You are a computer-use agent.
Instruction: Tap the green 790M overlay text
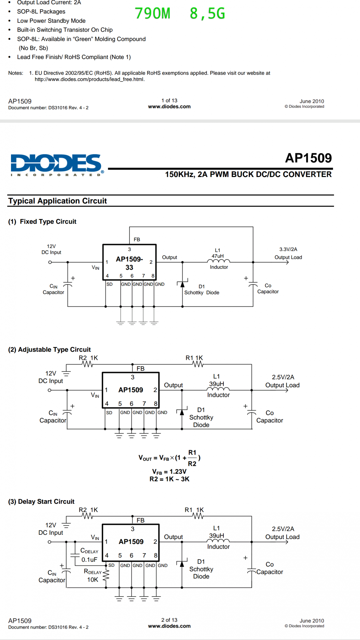point(153,14)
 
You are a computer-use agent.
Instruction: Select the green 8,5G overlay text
point(207,14)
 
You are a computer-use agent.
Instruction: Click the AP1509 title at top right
point(308,158)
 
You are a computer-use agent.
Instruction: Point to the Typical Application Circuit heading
point(58,201)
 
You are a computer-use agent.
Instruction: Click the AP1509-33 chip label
point(129,263)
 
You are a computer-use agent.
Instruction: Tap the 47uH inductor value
point(218,256)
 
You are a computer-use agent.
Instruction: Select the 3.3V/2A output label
point(288,249)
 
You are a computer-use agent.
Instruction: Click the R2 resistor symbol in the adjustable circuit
point(87,364)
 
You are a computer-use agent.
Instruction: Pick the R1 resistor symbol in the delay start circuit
point(198,516)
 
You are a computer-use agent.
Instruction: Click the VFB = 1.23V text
point(169,471)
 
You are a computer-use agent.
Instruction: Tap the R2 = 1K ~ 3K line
point(169,479)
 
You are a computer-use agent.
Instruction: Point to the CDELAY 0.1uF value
point(89,560)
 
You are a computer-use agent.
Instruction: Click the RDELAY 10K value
point(92,580)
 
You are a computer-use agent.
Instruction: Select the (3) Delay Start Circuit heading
point(41,501)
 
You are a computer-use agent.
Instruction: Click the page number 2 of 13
point(169,620)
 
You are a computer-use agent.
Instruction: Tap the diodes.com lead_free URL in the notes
point(90,79)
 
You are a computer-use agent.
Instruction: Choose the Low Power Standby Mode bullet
point(51,21)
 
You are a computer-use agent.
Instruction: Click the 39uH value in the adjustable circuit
point(217,384)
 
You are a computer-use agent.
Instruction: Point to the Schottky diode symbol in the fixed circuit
point(182,284)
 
